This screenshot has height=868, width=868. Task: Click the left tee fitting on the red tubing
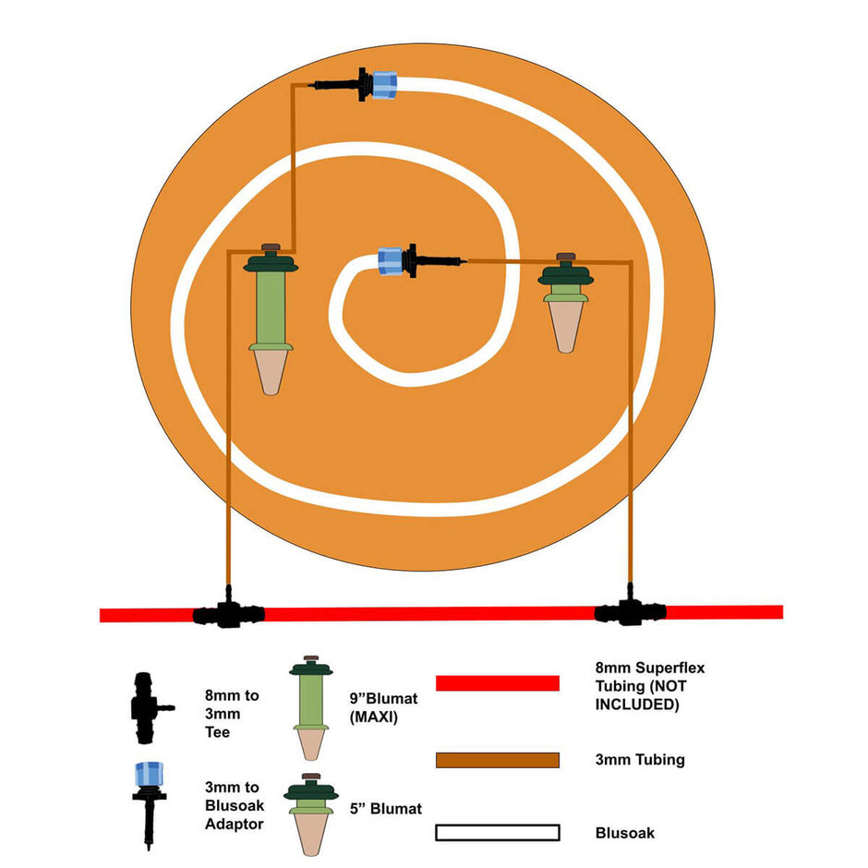[x=227, y=611]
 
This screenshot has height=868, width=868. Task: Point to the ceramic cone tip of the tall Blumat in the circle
[x=271, y=370]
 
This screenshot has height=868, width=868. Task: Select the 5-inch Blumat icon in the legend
[x=311, y=810]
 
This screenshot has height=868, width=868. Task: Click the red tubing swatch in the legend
[x=497, y=683]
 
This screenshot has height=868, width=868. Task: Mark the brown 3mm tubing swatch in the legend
[x=497, y=760]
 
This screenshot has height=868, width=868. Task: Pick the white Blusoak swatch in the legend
[x=497, y=833]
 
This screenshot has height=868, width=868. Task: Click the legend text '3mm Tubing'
[x=640, y=760]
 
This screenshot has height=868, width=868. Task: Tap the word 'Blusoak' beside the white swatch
[x=625, y=833]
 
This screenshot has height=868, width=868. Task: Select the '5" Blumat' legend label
[x=386, y=809]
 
